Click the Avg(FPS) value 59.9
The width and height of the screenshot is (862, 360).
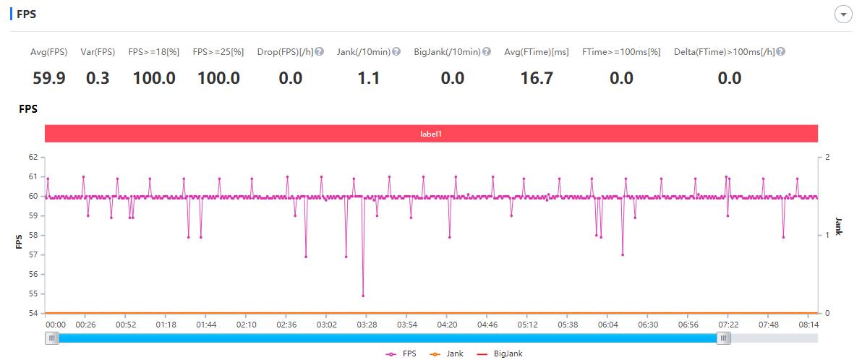tap(49, 78)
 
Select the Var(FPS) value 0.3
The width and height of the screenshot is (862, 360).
tap(98, 78)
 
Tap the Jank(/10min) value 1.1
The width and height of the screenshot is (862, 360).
tap(369, 78)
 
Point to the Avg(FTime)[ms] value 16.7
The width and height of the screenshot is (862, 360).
tap(537, 78)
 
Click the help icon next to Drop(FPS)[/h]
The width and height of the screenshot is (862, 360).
tap(319, 52)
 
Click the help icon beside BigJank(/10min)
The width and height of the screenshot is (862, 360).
tap(487, 52)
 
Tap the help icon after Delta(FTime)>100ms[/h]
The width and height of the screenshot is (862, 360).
tap(781, 52)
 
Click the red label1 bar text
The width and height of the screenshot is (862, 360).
tap(431, 134)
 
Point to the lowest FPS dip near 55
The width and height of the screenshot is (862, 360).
tap(363, 296)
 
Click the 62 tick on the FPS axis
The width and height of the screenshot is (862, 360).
tap(33, 157)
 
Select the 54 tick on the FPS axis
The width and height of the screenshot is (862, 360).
tap(33, 314)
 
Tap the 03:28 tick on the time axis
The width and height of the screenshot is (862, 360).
tap(367, 325)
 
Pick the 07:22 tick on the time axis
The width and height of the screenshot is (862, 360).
tap(728, 325)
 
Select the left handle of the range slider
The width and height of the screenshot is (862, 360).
tap(52, 338)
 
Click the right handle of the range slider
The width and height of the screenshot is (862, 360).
tap(723, 338)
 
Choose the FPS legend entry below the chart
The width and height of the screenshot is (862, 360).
tap(401, 354)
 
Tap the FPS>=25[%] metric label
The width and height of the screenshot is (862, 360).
tap(218, 52)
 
